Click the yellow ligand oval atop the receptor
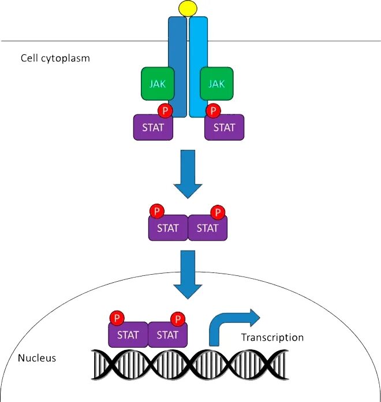click(x=188, y=8)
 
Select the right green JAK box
click(x=216, y=83)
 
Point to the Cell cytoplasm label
click(x=55, y=58)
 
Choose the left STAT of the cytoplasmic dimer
click(x=168, y=228)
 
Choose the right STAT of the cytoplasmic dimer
click(x=208, y=228)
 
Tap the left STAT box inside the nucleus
click(x=128, y=335)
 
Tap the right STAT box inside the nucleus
click(x=168, y=335)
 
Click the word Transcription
click(x=272, y=338)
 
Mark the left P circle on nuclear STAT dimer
click(x=117, y=318)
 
